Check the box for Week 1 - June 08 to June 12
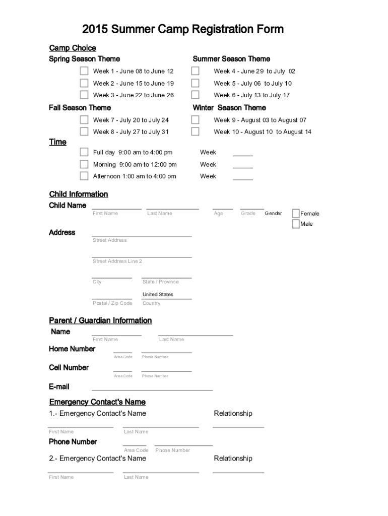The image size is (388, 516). click(x=84, y=71)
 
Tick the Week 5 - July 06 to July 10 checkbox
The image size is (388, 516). click(x=195, y=83)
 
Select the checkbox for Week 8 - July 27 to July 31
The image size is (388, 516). click(x=84, y=132)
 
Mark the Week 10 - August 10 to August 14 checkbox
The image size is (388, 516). click(x=195, y=132)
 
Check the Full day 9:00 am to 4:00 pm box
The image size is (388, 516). click(x=84, y=152)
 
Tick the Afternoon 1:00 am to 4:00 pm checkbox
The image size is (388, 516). click(x=84, y=176)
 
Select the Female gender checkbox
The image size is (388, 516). click(x=296, y=213)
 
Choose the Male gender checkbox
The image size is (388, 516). click(x=296, y=224)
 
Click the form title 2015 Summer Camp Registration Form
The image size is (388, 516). click(x=183, y=29)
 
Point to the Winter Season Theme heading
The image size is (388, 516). click(x=229, y=108)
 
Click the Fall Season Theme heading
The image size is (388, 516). click(x=80, y=108)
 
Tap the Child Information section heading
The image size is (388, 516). click(x=78, y=195)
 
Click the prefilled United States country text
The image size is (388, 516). click(x=158, y=294)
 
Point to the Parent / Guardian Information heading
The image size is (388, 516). click(x=100, y=320)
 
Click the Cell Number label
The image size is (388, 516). click(x=69, y=368)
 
